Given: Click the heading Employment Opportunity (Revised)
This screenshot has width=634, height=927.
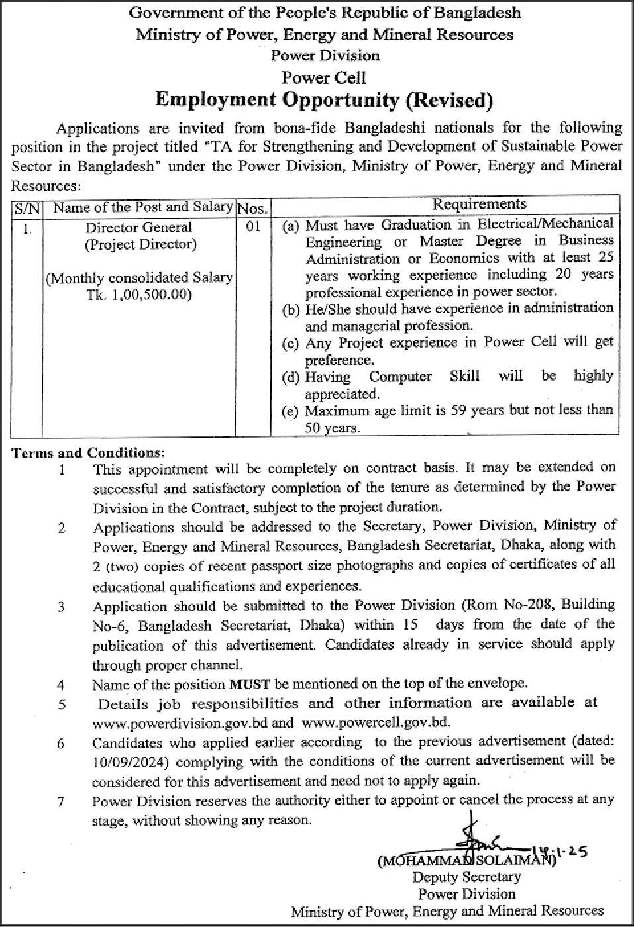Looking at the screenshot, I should point(324,101).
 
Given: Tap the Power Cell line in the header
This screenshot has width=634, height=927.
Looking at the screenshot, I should point(324,78).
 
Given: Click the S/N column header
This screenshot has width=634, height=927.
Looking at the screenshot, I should point(26,208).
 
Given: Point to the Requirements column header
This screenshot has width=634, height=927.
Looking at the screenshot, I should point(479,205).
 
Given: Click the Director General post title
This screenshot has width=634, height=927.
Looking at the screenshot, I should point(139,228).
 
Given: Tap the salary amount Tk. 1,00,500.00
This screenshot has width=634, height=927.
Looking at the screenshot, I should point(139,294).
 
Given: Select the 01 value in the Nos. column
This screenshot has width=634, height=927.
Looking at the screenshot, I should point(252,227).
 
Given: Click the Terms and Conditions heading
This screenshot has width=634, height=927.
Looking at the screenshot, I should point(87,454).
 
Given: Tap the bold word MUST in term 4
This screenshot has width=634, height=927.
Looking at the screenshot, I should point(249,683).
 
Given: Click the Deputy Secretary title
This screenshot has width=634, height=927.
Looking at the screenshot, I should point(466,877).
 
